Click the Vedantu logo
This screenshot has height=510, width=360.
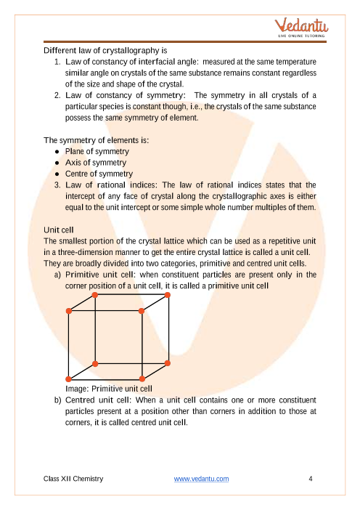(x=301, y=28)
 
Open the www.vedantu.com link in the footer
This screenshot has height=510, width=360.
(x=201, y=479)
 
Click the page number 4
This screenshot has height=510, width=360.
(x=311, y=479)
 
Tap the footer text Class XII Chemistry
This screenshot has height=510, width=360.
(x=73, y=479)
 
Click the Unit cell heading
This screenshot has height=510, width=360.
(x=59, y=230)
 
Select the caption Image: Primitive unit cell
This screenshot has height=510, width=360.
(x=109, y=389)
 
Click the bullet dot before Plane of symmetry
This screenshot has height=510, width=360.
(x=57, y=152)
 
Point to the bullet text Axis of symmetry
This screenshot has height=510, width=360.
(x=96, y=162)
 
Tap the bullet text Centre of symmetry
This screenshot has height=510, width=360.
(x=99, y=174)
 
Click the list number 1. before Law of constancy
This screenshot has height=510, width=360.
(x=57, y=62)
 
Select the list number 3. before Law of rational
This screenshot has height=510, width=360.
(x=57, y=185)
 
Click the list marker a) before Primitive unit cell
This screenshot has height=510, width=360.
(x=57, y=275)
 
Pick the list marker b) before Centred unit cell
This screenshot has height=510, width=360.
(x=57, y=400)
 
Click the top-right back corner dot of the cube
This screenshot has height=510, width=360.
(x=168, y=295)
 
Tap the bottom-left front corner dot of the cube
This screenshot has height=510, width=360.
(x=68, y=379)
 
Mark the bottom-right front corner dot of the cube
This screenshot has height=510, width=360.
(x=142, y=379)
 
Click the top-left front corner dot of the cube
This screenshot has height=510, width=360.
(x=69, y=311)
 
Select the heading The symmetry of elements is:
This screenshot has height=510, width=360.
(x=97, y=140)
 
